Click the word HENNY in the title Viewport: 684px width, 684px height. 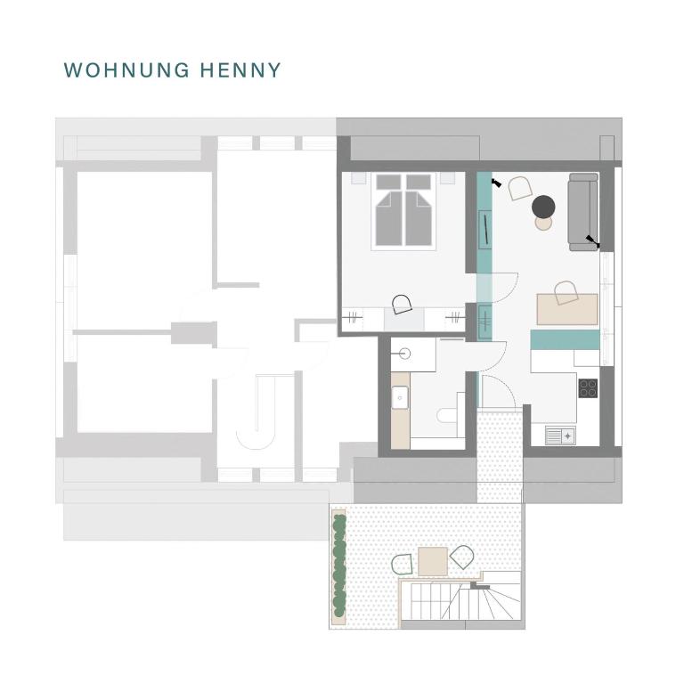coord(240,70)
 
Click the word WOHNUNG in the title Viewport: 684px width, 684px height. coord(126,70)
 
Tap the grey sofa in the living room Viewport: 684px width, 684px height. coord(583,212)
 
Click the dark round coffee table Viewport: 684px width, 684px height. coord(543,207)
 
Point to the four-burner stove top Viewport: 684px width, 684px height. coord(588,388)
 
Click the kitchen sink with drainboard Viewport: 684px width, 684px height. coord(560,436)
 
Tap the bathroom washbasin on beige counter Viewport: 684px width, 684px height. coord(400,397)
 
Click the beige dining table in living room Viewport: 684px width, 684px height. coord(567,309)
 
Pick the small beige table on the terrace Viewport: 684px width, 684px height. coord(433,561)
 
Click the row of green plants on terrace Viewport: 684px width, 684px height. coord(339,566)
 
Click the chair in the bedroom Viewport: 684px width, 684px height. coord(402,304)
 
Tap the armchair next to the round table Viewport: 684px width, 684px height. coord(520,188)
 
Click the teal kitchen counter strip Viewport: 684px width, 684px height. coord(565,340)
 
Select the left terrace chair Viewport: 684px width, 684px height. coord(403,565)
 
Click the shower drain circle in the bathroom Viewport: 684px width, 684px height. coord(404,354)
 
